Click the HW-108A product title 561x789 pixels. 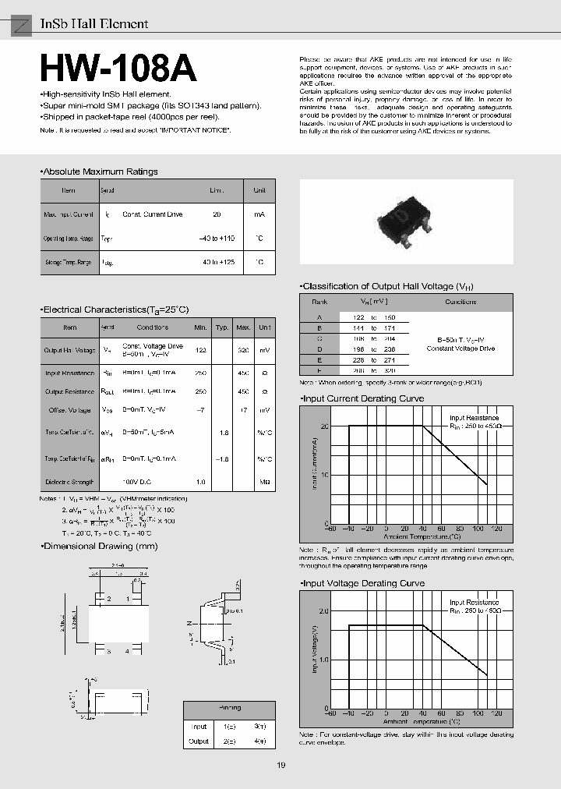tap(118, 70)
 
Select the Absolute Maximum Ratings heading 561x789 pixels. tap(99, 172)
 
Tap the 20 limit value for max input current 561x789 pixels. tap(217, 214)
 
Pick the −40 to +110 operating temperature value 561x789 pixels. tap(217, 238)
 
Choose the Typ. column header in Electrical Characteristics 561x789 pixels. tap(222, 327)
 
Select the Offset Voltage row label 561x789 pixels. tap(69, 409)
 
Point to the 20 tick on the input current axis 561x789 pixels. tap(324, 426)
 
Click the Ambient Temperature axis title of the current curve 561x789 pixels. tap(422, 536)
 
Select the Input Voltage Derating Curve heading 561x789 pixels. tap(363, 583)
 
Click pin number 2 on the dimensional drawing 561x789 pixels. tap(110, 599)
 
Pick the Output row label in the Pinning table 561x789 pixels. tap(199, 741)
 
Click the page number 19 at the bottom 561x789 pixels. tap(280, 766)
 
